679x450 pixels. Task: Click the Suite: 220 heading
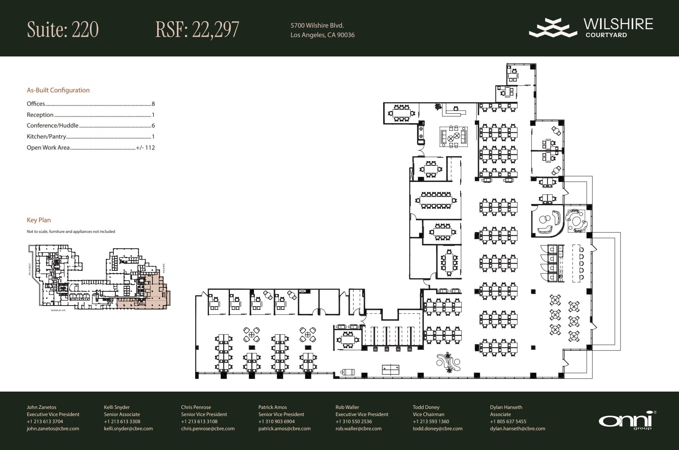[x=63, y=30]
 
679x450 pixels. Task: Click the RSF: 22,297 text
[x=197, y=30]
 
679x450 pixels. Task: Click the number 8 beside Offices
[x=153, y=104]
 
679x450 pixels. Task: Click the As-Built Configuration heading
[x=58, y=90]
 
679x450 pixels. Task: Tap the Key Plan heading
[x=39, y=220]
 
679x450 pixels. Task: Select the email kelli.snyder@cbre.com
[x=128, y=428]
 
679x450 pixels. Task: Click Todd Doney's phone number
[x=431, y=421]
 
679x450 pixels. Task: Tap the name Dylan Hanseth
[x=506, y=407]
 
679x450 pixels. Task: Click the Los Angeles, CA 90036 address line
[x=322, y=35]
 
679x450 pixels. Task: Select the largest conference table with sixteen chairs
[x=436, y=201]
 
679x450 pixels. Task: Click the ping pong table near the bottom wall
[x=390, y=369]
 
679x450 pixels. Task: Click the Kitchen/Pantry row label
[x=46, y=137]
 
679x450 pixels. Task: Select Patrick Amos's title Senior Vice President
[x=281, y=414]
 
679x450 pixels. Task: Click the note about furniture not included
[x=71, y=232]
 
